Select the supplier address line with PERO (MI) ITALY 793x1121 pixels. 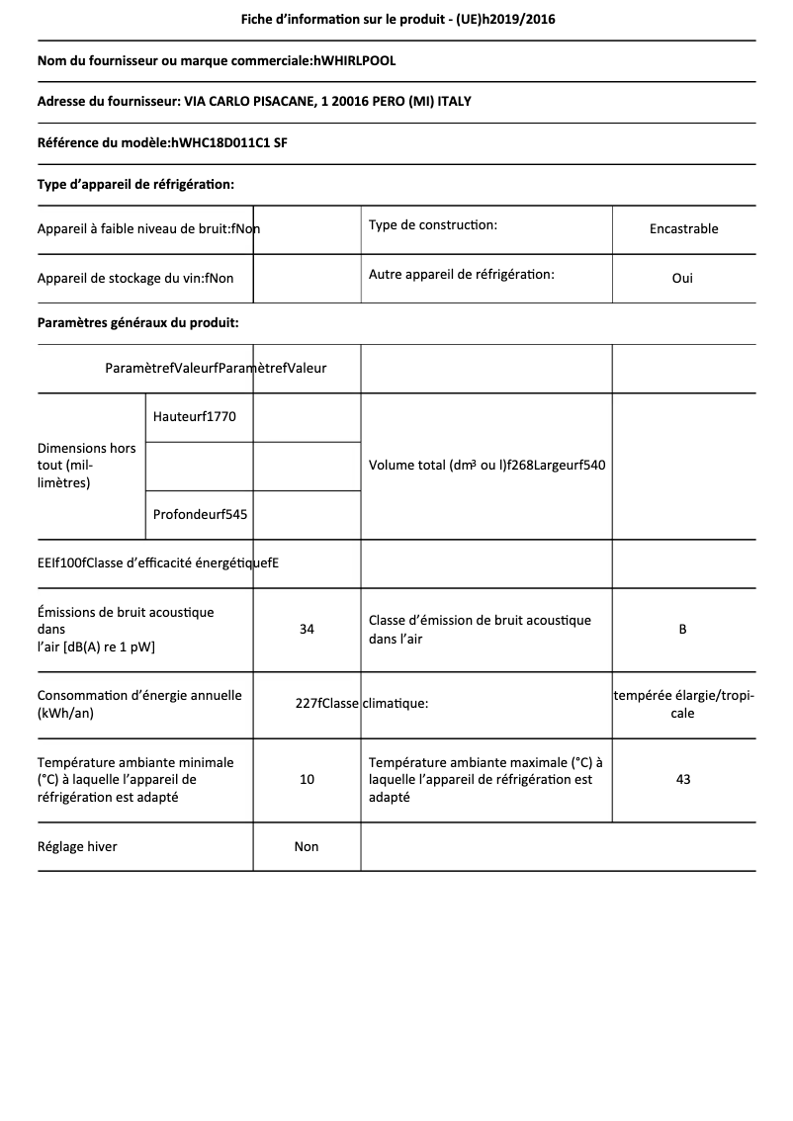tap(261, 102)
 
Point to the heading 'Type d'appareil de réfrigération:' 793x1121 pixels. tap(135, 184)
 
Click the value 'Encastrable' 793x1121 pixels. tap(683, 228)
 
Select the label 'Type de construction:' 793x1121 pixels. tap(433, 225)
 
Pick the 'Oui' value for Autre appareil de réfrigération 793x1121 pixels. tap(682, 278)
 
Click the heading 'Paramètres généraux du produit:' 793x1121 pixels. tap(137, 322)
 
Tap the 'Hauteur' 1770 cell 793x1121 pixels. tap(195, 417)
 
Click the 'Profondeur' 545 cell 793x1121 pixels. tap(201, 514)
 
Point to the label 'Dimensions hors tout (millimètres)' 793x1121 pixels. tap(87, 466)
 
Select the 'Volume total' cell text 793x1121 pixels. tap(486, 466)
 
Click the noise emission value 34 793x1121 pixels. tap(307, 629)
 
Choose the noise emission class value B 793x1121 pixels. tap(682, 629)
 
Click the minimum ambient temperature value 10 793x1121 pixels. tap(307, 779)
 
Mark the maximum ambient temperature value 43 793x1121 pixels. tap(682, 779)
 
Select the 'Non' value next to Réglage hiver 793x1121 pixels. tap(307, 846)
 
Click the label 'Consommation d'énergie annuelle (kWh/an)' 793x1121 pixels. tap(139, 704)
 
